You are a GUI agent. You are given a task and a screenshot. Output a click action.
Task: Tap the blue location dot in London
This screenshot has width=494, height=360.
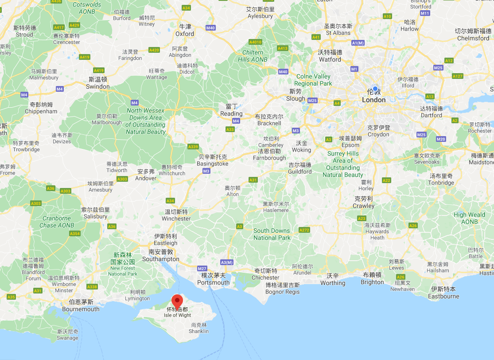[375, 89]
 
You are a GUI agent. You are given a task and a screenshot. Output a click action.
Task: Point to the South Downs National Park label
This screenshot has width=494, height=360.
[272, 234]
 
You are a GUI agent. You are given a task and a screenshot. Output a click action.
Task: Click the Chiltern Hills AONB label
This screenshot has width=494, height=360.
[253, 56]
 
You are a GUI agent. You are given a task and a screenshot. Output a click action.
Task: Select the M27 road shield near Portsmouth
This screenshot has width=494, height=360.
[202, 268]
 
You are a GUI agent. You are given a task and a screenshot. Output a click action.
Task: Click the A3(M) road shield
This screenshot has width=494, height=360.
[226, 262]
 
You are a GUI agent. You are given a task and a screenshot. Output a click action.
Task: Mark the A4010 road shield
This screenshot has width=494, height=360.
[256, 42]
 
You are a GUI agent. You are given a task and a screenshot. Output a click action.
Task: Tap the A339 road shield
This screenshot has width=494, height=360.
[193, 147]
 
